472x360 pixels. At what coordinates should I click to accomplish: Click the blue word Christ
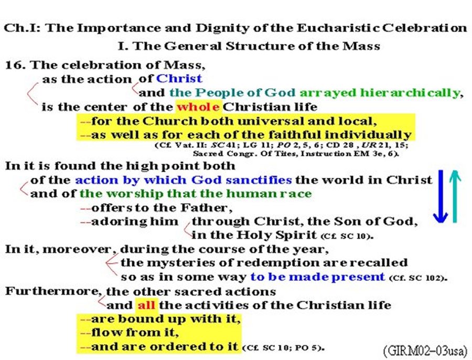point(179,79)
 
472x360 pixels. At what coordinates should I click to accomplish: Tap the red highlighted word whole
point(198,107)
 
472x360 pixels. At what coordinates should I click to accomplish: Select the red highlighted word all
point(146,305)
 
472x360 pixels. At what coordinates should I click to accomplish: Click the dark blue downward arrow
point(441,196)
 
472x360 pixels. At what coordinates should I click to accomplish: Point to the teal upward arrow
point(455,196)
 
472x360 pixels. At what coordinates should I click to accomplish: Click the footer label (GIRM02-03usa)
point(426,351)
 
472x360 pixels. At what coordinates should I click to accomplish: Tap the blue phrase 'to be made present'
point(318,277)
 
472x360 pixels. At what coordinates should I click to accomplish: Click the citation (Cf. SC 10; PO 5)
point(284,347)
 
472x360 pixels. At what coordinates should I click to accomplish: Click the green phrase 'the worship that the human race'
point(196,194)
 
